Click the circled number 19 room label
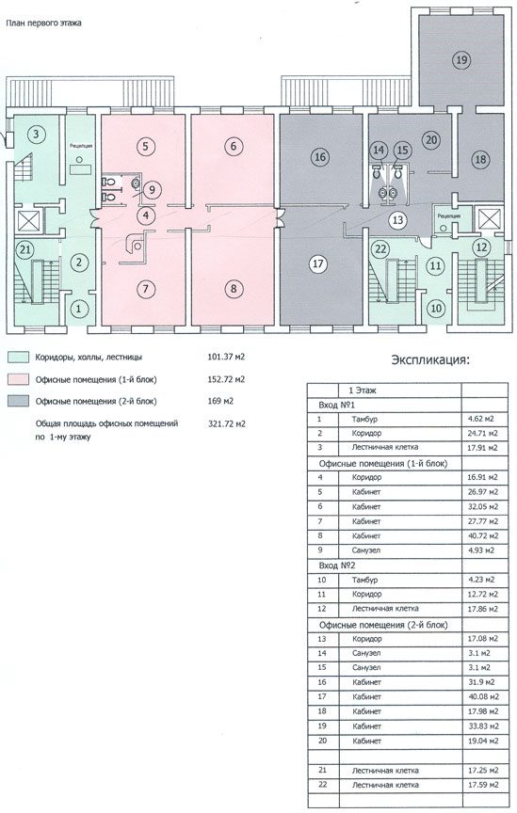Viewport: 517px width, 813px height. [x=460, y=59]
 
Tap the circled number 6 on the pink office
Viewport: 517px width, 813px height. [x=233, y=146]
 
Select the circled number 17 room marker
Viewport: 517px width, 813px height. [x=318, y=263]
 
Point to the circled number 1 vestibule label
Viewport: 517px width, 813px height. [x=79, y=309]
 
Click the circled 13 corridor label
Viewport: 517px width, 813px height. [x=397, y=220]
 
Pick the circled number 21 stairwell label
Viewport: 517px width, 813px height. [x=24, y=250]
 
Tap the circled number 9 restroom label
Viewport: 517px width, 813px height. [x=151, y=189]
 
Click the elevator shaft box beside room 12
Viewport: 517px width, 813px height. [x=489, y=218]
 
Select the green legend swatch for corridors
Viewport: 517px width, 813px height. [x=18, y=358]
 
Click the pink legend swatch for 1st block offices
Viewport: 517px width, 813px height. [x=18, y=379]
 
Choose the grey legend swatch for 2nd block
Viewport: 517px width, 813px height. [x=18, y=401]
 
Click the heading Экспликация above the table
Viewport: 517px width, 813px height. [x=430, y=359]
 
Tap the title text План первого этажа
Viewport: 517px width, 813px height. [x=43, y=23]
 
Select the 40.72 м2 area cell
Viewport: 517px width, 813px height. [x=483, y=535]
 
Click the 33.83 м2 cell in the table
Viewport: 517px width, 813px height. [x=483, y=725]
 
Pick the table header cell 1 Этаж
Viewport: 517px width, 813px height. [x=363, y=391]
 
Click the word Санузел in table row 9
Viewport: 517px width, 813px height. [x=366, y=550]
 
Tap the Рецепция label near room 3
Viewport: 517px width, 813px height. [x=81, y=146]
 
